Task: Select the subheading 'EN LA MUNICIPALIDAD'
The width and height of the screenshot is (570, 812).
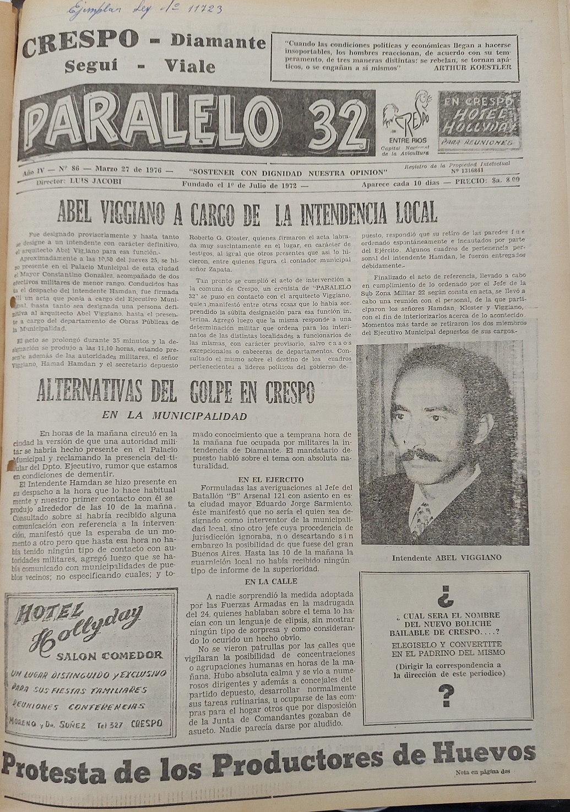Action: point(173,416)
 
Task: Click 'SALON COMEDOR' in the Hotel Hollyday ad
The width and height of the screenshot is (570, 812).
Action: point(110,655)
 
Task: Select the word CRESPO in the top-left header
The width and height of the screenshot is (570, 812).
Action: point(81,40)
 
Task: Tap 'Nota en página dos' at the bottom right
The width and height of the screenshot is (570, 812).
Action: point(483,772)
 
